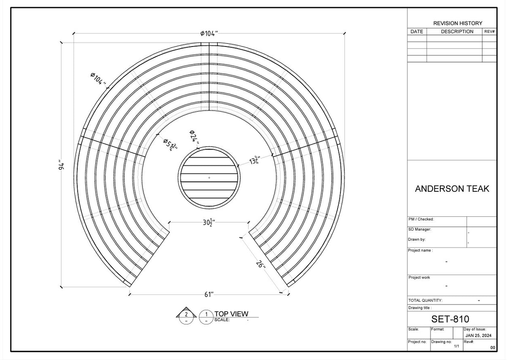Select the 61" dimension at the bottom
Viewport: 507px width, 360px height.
click(x=209, y=295)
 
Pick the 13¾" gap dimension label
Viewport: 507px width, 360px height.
click(x=254, y=161)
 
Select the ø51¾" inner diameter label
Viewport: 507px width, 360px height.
click(x=170, y=144)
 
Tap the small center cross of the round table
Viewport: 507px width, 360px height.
click(x=209, y=178)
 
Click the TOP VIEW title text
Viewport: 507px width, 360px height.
click(x=231, y=314)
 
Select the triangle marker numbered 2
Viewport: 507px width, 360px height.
click(x=186, y=314)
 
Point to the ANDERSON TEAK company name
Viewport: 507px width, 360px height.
click(x=452, y=189)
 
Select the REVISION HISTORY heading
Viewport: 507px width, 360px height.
click(x=458, y=23)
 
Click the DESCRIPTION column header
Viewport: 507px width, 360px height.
click(x=457, y=32)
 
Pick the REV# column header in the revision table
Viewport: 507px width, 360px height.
click(x=490, y=32)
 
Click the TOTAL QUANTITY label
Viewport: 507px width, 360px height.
click(x=425, y=300)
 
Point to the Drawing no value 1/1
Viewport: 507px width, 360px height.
click(x=456, y=346)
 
